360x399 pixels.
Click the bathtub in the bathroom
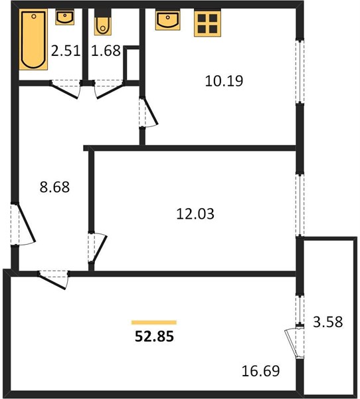point(33,39)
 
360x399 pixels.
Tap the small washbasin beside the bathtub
point(65,17)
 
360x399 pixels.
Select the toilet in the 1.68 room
point(103,22)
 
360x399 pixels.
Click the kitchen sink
point(168,20)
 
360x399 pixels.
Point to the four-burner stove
point(207,23)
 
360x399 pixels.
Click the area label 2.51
point(66,51)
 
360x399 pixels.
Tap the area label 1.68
point(106,51)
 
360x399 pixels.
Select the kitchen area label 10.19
point(224,81)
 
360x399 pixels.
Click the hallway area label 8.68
point(54,187)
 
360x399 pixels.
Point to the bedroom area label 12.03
point(195,213)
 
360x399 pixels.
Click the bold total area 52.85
point(154,336)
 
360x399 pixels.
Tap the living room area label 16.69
point(260,371)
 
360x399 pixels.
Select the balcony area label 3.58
point(328,322)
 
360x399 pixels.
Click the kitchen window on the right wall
point(300,71)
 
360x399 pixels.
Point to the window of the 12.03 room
point(300,205)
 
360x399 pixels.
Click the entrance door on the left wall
point(23,225)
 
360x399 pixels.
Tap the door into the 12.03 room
point(97,247)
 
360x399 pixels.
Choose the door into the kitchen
point(148,112)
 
